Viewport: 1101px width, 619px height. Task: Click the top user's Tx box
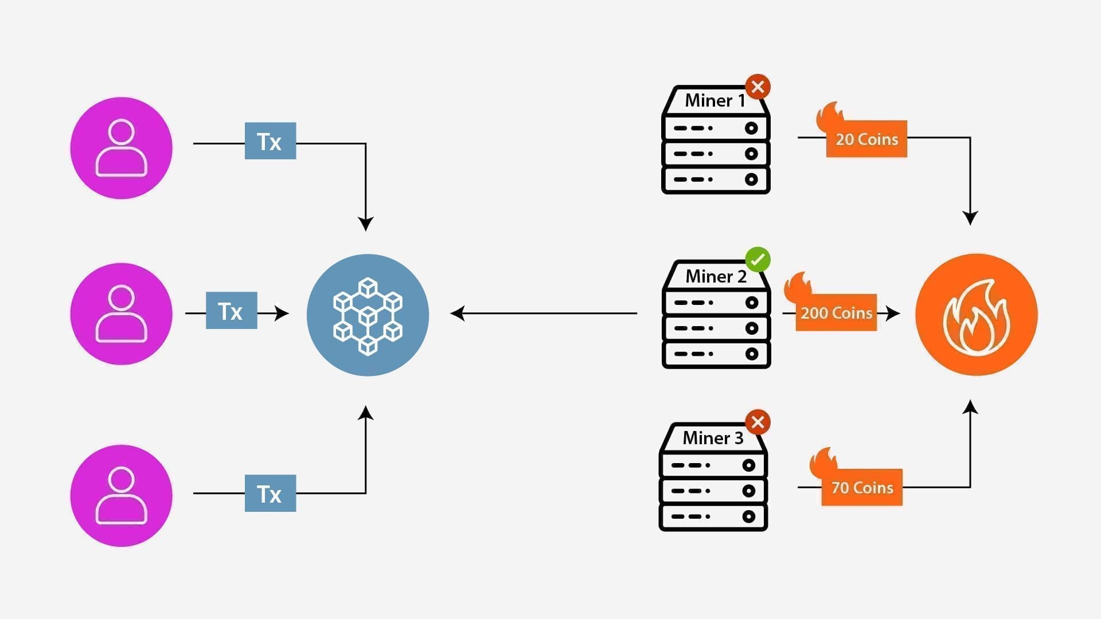point(270,141)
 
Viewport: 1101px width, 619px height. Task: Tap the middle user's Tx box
point(231,311)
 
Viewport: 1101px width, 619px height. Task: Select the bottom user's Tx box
point(270,493)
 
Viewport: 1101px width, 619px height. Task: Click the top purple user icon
point(121,148)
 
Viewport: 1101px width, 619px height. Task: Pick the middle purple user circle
point(121,314)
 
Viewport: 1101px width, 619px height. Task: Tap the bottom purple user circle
point(121,495)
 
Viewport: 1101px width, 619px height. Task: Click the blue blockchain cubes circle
point(368,315)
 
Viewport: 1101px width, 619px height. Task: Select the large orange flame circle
point(976,315)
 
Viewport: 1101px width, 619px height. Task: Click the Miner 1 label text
point(715,101)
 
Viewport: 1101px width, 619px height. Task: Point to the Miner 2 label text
point(716,276)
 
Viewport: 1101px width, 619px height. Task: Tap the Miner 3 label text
point(713,438)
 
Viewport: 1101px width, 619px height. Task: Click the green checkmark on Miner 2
point(758,260)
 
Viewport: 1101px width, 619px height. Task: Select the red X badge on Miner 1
point(758,87)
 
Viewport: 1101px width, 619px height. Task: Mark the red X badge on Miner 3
point(758,422)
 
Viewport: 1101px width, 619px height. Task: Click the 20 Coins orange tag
point(866,139)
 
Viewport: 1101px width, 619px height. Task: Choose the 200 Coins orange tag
point(836,313)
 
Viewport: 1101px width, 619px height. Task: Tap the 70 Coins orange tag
point(862,488)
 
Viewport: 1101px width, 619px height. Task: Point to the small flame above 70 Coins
point(823,461)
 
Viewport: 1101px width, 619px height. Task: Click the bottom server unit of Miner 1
point(716,179)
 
